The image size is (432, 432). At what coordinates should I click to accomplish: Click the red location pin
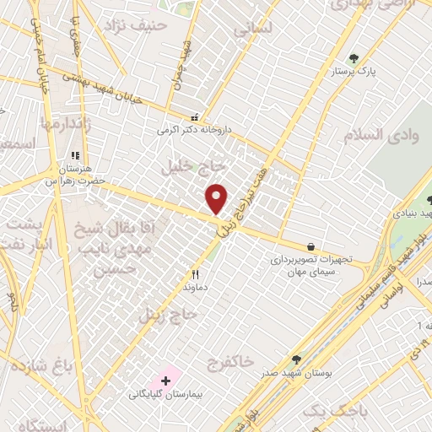tap(217, 197)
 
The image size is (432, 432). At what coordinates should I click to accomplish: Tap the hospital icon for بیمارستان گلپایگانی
tap(165, 381)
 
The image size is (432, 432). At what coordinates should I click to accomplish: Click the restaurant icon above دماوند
tap(196, 274)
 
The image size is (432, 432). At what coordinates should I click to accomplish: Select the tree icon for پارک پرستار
tap(353, 59)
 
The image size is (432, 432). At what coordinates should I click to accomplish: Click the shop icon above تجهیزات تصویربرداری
tap(311, 246)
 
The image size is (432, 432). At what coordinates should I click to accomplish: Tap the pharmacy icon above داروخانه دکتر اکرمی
tap(196, 118)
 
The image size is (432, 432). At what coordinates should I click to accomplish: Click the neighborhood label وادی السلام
tap(375, 135)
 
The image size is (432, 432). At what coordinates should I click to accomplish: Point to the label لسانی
tap(251, 30)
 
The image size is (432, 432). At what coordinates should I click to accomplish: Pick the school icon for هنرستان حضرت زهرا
tap(74, 156)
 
